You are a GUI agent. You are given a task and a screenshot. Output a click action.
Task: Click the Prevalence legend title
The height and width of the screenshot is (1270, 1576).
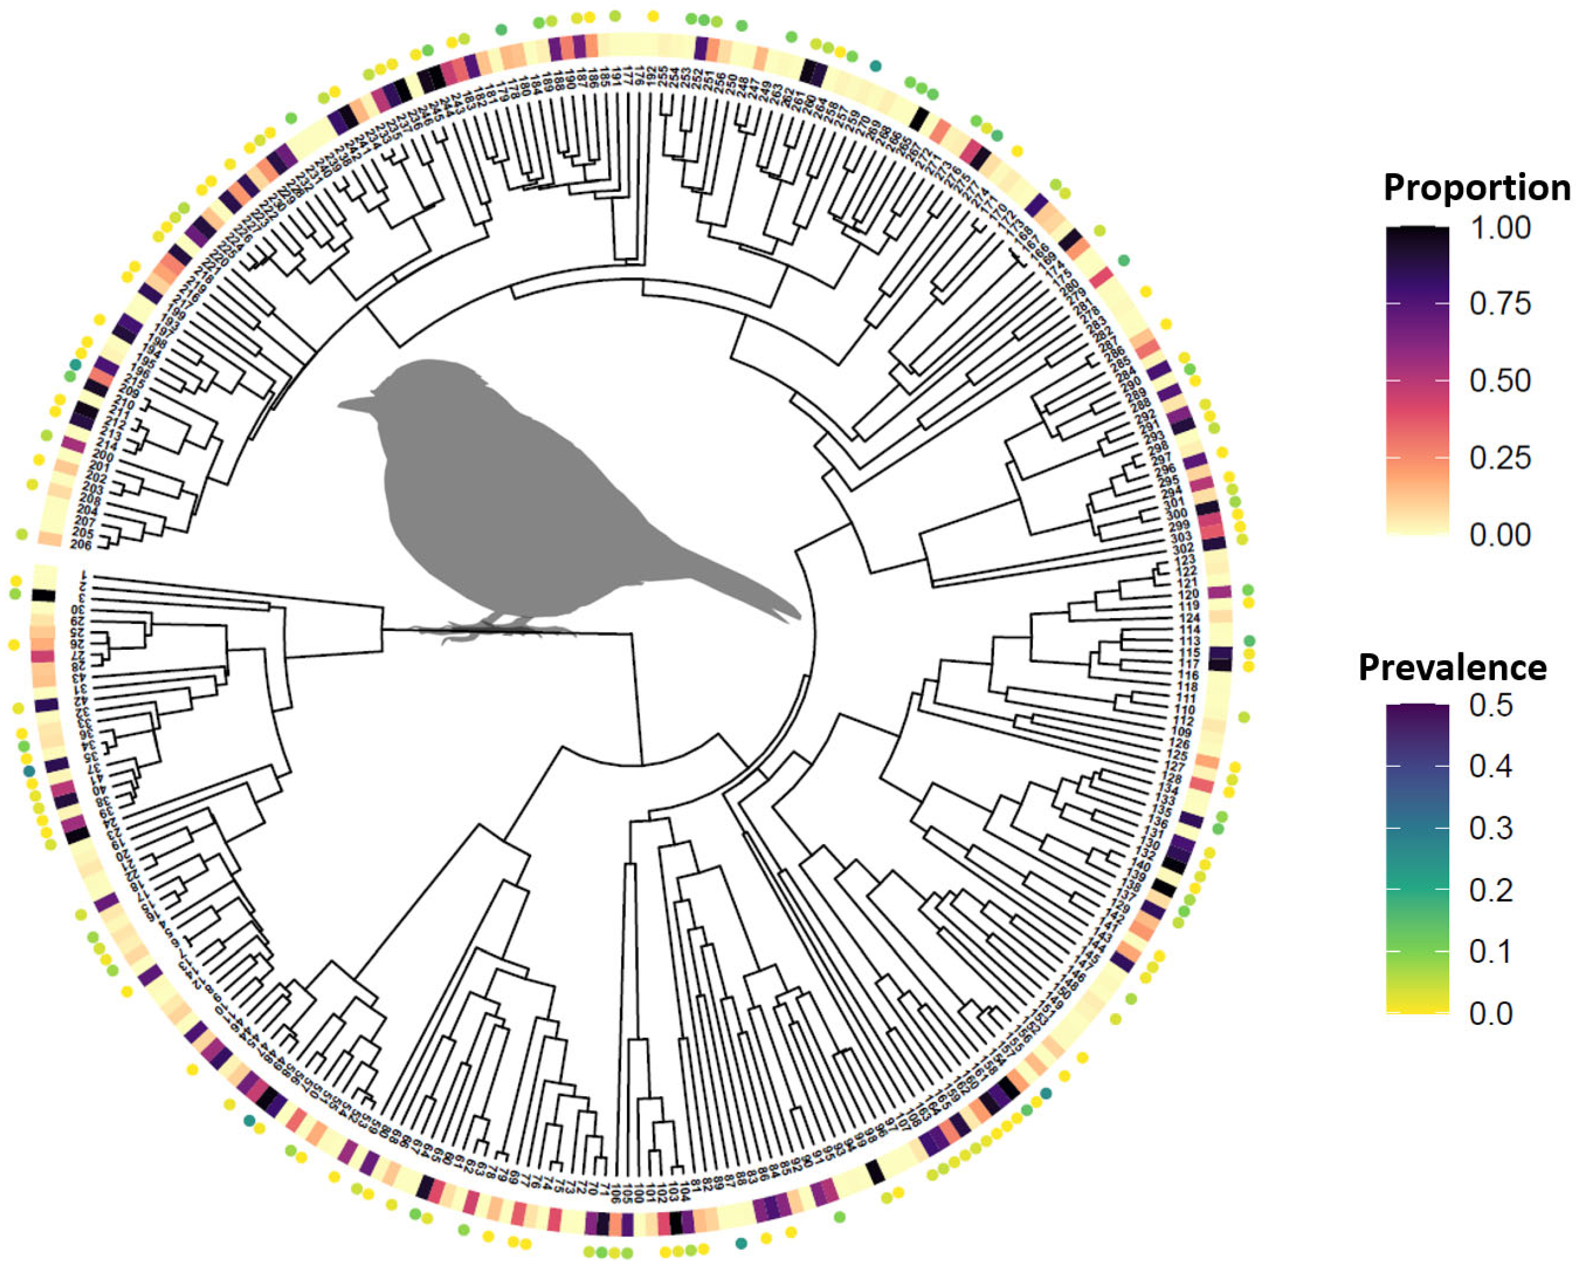(1453, 667)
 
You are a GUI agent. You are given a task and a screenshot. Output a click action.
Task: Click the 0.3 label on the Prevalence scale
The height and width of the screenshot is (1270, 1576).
(1491, 828)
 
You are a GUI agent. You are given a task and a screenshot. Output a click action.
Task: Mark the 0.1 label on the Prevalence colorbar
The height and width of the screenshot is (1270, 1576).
(1491, 952)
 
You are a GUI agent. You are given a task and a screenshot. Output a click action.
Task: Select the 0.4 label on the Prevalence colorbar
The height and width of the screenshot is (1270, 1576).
(1491, 766)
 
